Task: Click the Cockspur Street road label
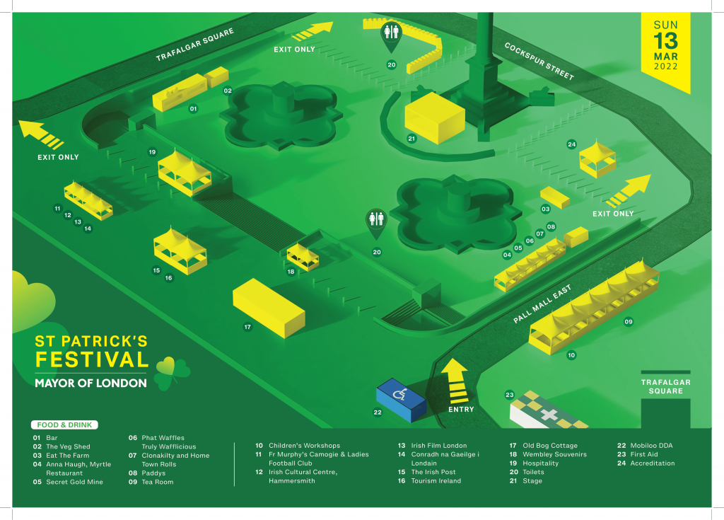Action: point(539,61)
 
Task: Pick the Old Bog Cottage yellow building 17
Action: point(268,306)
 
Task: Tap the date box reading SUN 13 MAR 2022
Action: point(665,46)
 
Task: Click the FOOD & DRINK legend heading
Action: point(64,425)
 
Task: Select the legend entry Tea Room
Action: point(158,482)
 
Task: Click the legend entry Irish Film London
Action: point(438,446)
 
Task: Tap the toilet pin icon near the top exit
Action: point(391,35)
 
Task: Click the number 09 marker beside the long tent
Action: point(629,322)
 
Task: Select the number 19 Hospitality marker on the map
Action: point(151,152)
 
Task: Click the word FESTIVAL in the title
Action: point(92,359)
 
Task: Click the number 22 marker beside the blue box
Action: point(378,412)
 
